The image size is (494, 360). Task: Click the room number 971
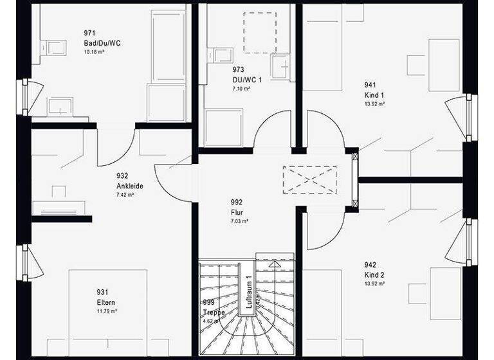89,32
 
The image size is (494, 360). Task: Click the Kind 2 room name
374,274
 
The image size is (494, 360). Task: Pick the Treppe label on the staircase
214,313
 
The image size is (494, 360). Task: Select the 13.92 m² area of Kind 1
374,104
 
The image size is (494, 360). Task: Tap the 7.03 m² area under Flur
239,221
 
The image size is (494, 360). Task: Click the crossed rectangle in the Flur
309,178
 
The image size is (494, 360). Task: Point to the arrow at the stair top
275,264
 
